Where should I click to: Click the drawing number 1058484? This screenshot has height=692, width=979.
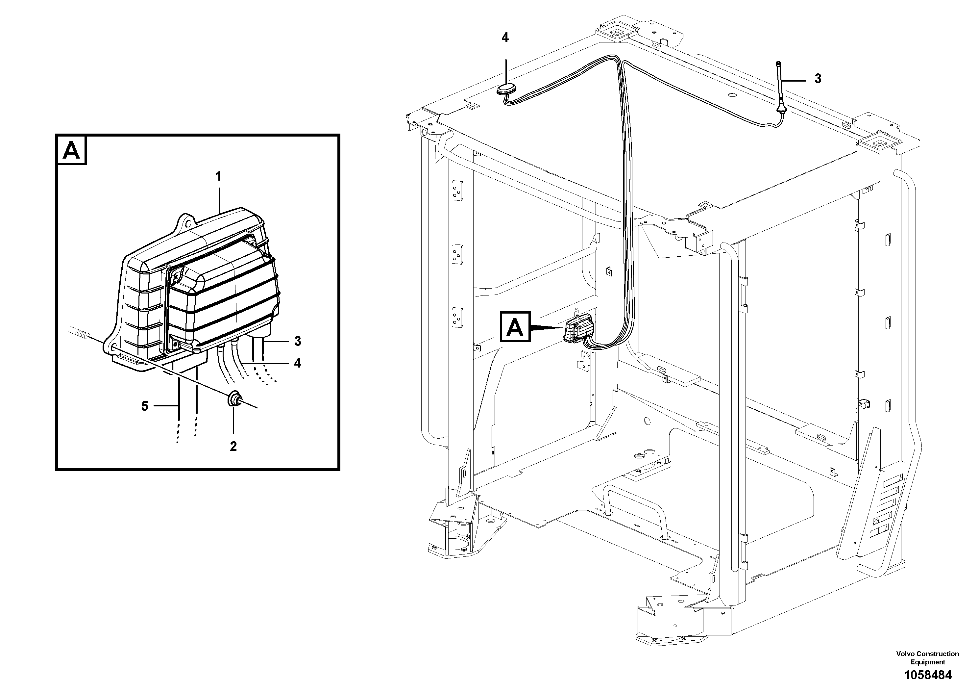927,675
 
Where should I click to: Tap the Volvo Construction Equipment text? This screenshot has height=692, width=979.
927,657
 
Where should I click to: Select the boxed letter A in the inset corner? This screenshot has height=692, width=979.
72,151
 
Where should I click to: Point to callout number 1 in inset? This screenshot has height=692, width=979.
219,176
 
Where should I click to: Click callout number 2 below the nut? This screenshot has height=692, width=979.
233,447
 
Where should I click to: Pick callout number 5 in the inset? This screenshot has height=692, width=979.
145,406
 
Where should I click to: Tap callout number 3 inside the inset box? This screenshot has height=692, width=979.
298,341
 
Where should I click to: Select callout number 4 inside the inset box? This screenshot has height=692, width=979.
298,363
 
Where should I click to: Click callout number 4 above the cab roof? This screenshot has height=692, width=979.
505,38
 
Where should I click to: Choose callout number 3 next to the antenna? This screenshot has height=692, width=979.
818,79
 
